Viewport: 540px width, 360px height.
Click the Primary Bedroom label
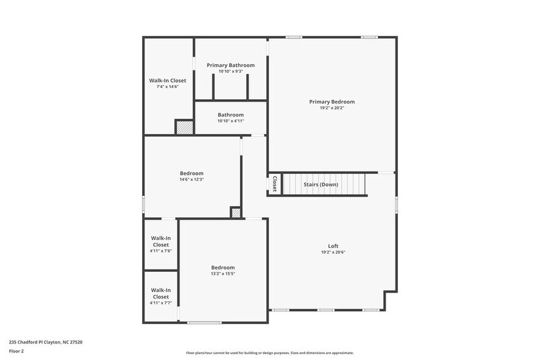(x=332, y=102)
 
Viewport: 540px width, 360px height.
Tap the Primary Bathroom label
(x=230, y=65)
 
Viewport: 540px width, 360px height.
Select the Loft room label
(x=333, y=246)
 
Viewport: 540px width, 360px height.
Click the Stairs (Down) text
(x=321, y=184)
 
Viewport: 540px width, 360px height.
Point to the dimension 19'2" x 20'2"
(x=332, y=108)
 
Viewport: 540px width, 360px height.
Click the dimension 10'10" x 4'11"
(x=230, y=121)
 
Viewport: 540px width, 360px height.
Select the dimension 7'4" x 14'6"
(x=167, y=87)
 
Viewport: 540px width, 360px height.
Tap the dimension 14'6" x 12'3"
(x=191, y=179)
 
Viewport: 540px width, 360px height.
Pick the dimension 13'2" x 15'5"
(x=223, y=274)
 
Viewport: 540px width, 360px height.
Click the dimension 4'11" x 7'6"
(x=160, y=251)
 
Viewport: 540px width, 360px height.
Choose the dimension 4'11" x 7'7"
(x=160, y=303)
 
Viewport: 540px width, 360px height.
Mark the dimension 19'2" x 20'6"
(x=333, y=252)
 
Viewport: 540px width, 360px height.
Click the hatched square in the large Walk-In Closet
(x=184, y=127)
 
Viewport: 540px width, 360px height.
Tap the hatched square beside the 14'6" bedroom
(x=236, y=212)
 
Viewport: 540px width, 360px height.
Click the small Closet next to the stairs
(x=274, y=184)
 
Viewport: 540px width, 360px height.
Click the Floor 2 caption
(x=16, y=351)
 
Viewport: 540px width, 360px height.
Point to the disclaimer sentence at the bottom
(x=269, y=353)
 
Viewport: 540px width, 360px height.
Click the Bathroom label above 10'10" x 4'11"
(x=230, y=114)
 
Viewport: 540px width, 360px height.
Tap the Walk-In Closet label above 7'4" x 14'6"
(x=167, y=80)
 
